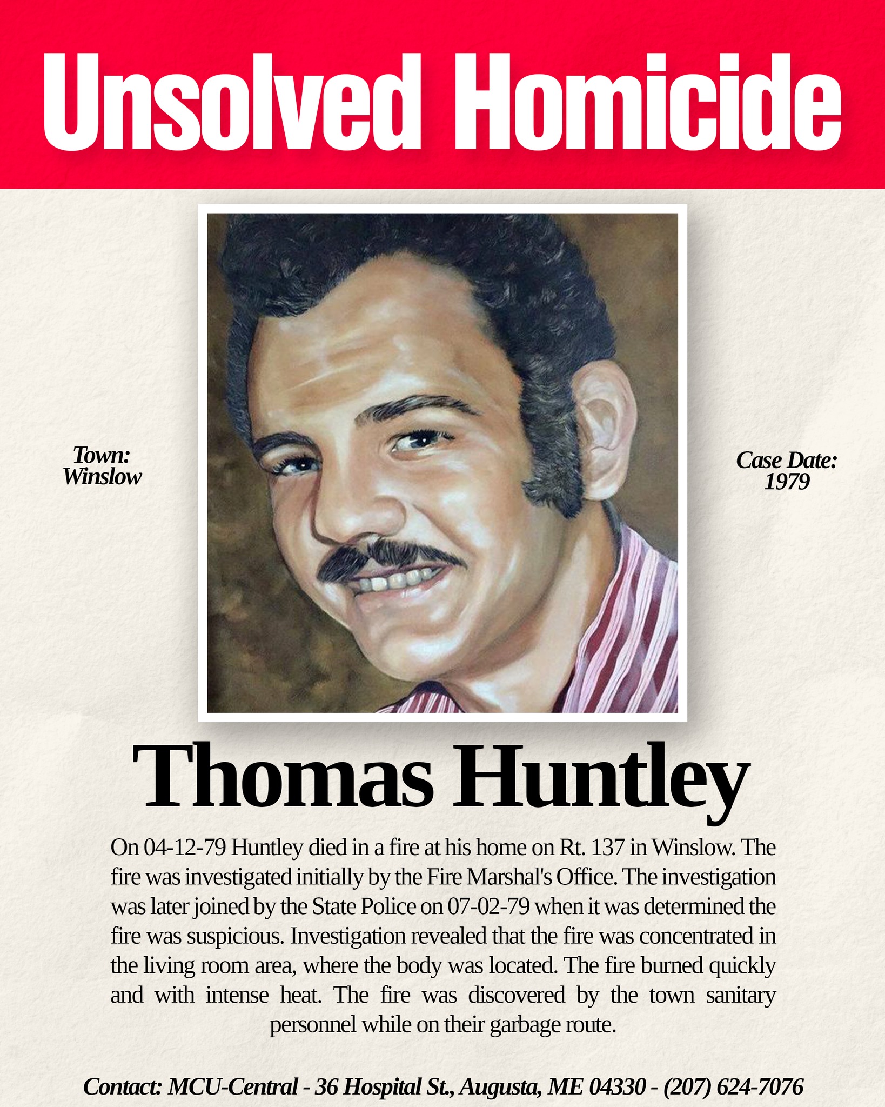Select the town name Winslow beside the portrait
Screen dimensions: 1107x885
coord(102,476)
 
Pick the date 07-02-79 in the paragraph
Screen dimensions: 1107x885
coord(488,906)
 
